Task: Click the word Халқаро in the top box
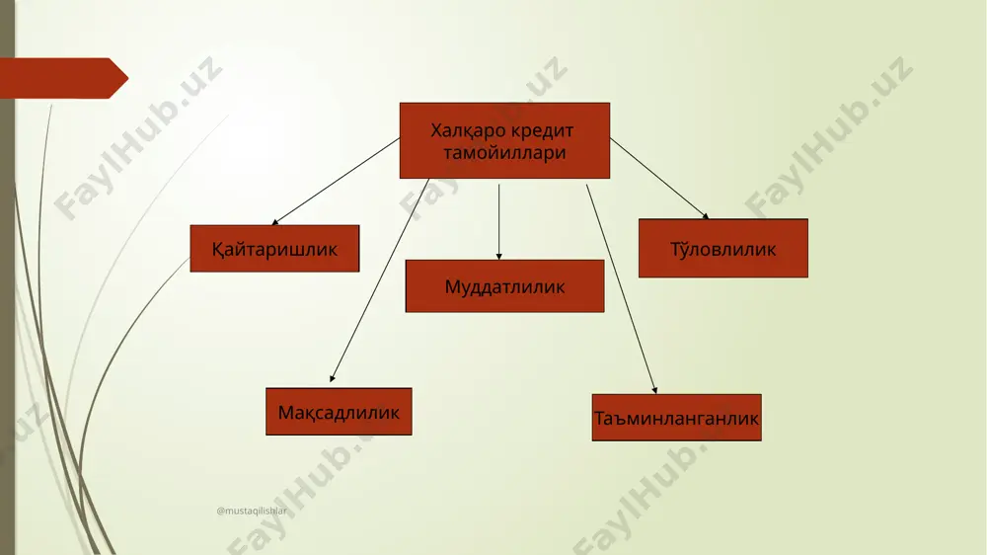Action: tap(468, 131)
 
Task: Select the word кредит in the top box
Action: tap(542, 131)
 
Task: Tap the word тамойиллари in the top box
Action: tap(504, 153)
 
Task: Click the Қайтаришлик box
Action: tap(274, 249)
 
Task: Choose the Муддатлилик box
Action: tap(504, 286)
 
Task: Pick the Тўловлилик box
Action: tap(723, 248)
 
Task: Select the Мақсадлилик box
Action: tap(339, 412)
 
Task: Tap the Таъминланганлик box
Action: tap(677, 418)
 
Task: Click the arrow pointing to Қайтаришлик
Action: tap(336, 182)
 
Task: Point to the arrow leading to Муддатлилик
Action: tap(499, 222)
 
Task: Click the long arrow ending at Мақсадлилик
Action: tap(380, 280)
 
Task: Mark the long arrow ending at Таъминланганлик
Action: tap(622, 289)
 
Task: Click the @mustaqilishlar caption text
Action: tap(252, 511)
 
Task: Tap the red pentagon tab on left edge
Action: tap(64, 78)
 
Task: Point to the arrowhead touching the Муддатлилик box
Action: tap(499, 257)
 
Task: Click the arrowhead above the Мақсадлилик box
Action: tap(333, 378)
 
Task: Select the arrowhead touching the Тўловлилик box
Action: tap(707, 216)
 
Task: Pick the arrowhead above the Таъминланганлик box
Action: tap(655, 391)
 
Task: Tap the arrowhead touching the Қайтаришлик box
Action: tap(274, 222)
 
